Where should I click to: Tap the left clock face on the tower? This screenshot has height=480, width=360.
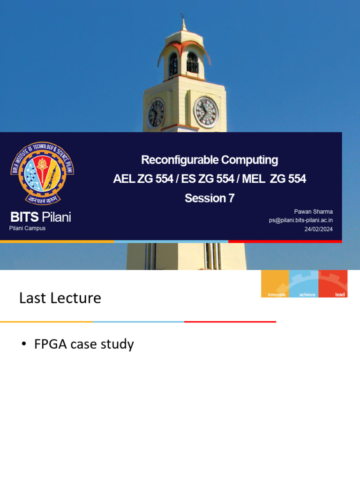pyautogui.click(x=156, y=113)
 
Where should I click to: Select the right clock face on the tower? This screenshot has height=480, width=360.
pyautogui.click(x=206, y=112)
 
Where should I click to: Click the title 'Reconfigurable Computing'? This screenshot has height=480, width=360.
pyautogui.click(x=210, y=160)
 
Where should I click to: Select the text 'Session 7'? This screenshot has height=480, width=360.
pyautogui.click(x=210, y=198)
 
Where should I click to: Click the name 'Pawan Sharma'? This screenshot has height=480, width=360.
pyautogui.click(x=314, y=211)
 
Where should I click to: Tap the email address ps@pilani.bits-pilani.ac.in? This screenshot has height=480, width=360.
pyautogui.click(x=300, y=220)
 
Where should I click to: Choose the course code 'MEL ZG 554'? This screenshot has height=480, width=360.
pyautogui.click(x=274, y=179)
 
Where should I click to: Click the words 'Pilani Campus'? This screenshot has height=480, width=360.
pyautogui.click(x=27, y=228)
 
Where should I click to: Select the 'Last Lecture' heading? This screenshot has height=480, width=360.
pyautogui.click(x=60, y=298)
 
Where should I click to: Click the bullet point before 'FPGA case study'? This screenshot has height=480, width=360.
pyautogui.click(x=24, y=345)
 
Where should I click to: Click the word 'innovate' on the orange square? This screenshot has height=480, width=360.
pyautogui.click(x=276, y=294)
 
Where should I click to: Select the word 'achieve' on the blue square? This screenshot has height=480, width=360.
pyautogui.click(x=307, y=294)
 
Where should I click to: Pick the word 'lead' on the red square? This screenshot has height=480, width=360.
pyautogui.click(x=340, y=294)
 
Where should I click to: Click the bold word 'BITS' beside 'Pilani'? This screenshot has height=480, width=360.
pyautogui.click(x=25, y=217)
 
